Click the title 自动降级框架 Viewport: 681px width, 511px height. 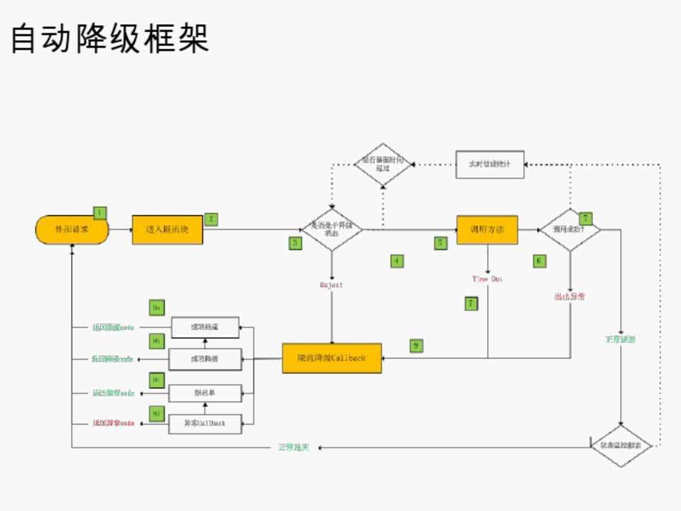[110, 38]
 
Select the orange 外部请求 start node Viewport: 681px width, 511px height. [72, 229]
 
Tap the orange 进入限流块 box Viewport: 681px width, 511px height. [167, 229]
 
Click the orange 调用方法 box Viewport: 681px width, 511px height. [487, 229]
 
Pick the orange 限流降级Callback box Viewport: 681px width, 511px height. [331, 358]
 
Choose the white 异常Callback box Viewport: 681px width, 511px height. [205, 423]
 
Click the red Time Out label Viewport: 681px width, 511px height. [487, 279]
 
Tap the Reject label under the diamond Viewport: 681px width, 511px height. [331, 285]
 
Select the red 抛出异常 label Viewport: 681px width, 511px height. [570, 296]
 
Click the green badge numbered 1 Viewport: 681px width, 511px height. [100, 212]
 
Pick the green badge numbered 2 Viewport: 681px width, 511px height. [211, 219]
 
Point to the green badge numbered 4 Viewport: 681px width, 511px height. [397, 260]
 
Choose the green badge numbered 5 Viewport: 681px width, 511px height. [441, 243]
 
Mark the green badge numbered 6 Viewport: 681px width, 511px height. [540, 260]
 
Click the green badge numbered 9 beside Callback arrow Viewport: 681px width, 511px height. [416, 346]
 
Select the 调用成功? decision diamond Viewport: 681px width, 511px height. [570, 229]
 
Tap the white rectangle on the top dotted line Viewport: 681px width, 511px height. [489, 164]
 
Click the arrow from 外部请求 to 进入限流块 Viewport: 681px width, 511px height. [121, 229]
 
